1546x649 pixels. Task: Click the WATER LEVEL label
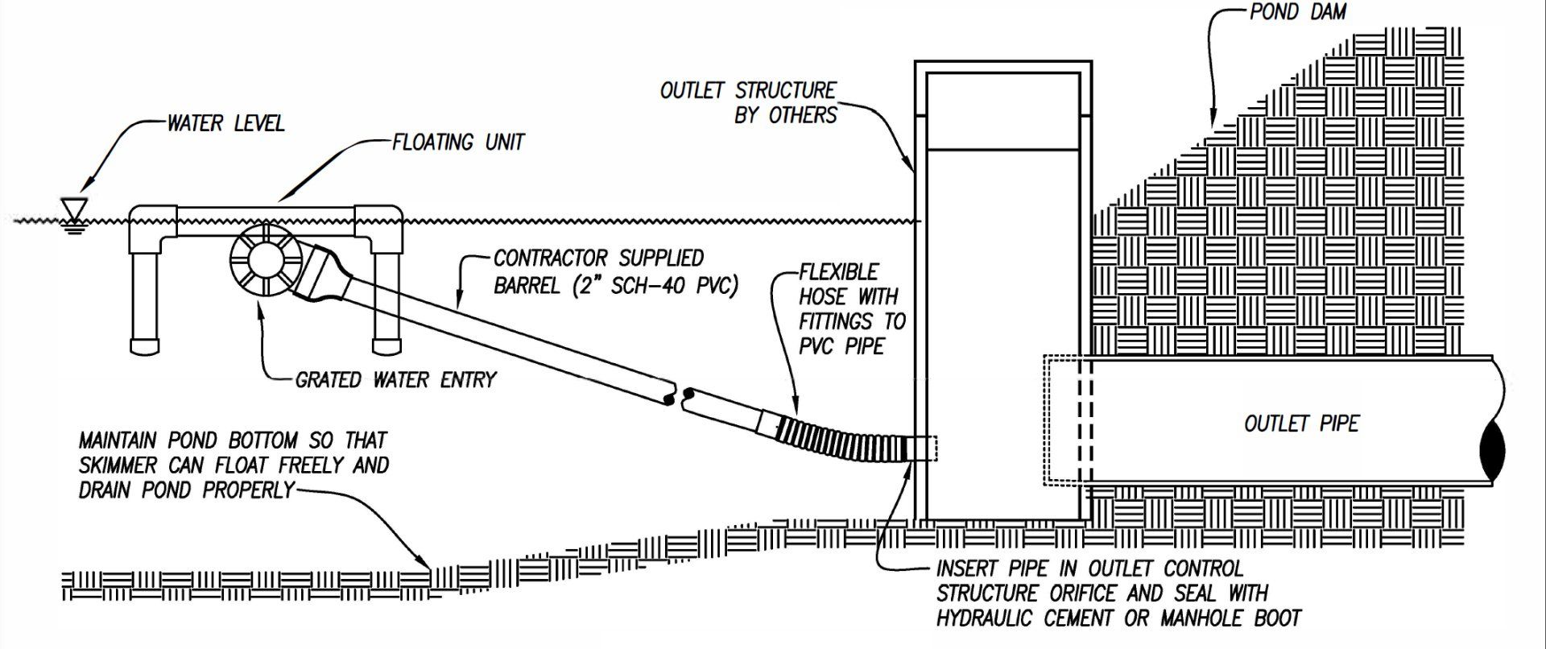pyautogui.click(x=225, y=123)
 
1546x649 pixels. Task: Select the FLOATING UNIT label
pyautogui.click(x=458, y=143)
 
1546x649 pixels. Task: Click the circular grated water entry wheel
pyautogui.click(x=265, y=266)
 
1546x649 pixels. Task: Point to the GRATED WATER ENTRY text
pyautogui.click(x=396, y=379)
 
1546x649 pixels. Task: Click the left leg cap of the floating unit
pyautogui.click(x=146, y=346)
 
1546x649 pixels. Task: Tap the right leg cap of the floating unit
pyautogui.click(x=386, y=346)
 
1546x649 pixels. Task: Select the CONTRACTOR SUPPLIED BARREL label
pyautogui.click(x=616, y=271)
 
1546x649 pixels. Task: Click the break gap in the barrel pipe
pyautogui.click(x=676, y=395)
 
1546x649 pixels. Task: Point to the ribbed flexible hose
pyautogui.click(x=837, y=443)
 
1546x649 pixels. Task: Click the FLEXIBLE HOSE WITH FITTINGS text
pyautogui.click(x=852, y=309)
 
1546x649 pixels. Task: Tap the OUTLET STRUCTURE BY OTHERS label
pyautogui.click(x=749, y=102)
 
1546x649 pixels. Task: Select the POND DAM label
pyautogui.click(x=1297, y=12)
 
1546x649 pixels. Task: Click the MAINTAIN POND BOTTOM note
pyautogui.click(x=234, y=465)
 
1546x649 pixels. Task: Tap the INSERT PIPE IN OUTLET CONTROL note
pyautogui.click(x=1118, y=593)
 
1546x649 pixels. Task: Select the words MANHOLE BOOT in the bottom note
pyautogui.click(x=1231, y=618)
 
